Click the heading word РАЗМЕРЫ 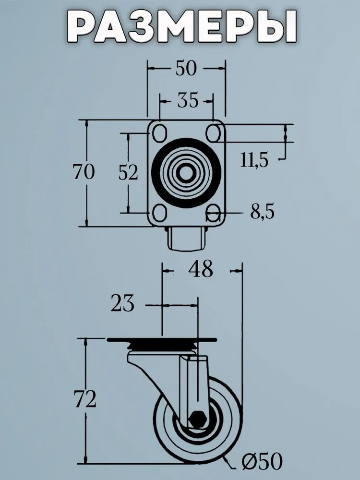point(182,27)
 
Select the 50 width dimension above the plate point(186,68)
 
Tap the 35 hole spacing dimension point(188,100)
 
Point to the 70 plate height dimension point(84,171)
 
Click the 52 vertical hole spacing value point(128,172)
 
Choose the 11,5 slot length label point(254,160)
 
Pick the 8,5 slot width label point(263,211)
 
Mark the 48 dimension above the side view point(201,269)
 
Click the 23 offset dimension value point(122,303)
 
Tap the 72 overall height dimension point(85,399)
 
